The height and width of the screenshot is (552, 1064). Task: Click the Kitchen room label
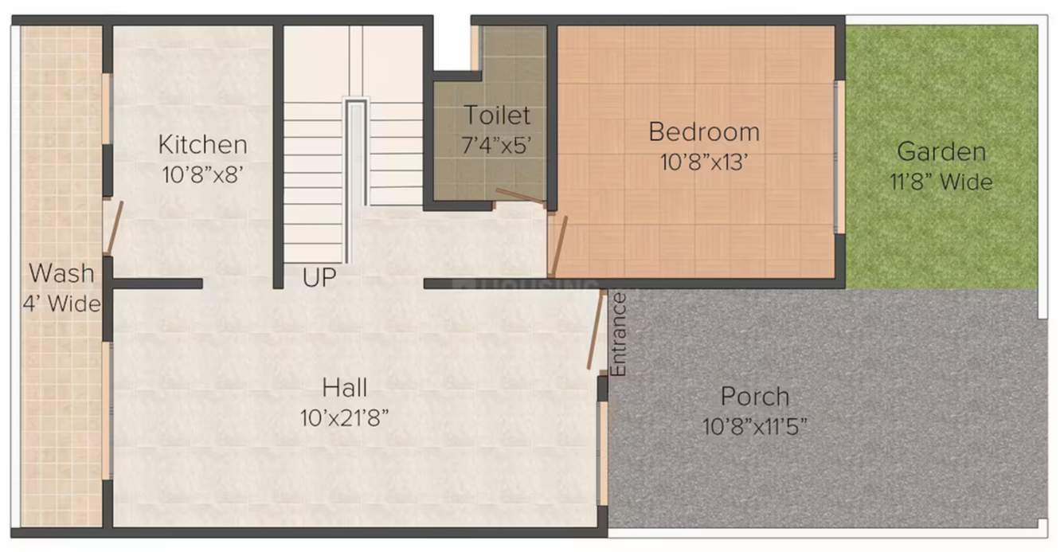pyautogui.click(x=202, y=145)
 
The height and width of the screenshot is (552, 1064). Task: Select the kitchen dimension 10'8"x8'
pyautogui.click(x=202, y=174)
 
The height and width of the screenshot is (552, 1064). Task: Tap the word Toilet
pyautogui.click(x=497, y=115)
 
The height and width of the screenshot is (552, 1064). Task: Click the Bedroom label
pyautogui.click(x=703, y=131)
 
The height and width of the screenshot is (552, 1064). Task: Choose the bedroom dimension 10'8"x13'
pyautogui.click(x=703, y=162)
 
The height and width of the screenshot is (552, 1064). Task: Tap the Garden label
pyautogui.click(x=941, y=151)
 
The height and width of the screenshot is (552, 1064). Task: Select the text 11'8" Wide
pyautogui.click(x=941, y=182)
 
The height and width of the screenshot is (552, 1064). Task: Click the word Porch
pyautogui.click(x=754, y=396)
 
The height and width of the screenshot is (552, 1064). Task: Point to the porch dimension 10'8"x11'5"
pyautogui.click(x=754, y=427)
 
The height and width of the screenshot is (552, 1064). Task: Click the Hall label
pyautogui.click(x=345, y=388)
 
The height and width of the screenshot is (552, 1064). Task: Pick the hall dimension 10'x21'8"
pyautogui.click(x=345, y=417)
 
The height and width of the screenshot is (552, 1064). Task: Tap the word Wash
pyautogui.click(x=61, y=273)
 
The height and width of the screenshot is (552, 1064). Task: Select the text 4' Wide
pyautogui.click(x=61, y=303)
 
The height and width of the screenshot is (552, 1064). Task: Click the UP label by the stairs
pyautogui.click(x=319, y=278)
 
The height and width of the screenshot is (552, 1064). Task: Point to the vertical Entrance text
pyautogui.click(x=619, y=335)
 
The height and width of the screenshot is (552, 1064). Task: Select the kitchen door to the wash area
pyautogui.click(x=115, y=227)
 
